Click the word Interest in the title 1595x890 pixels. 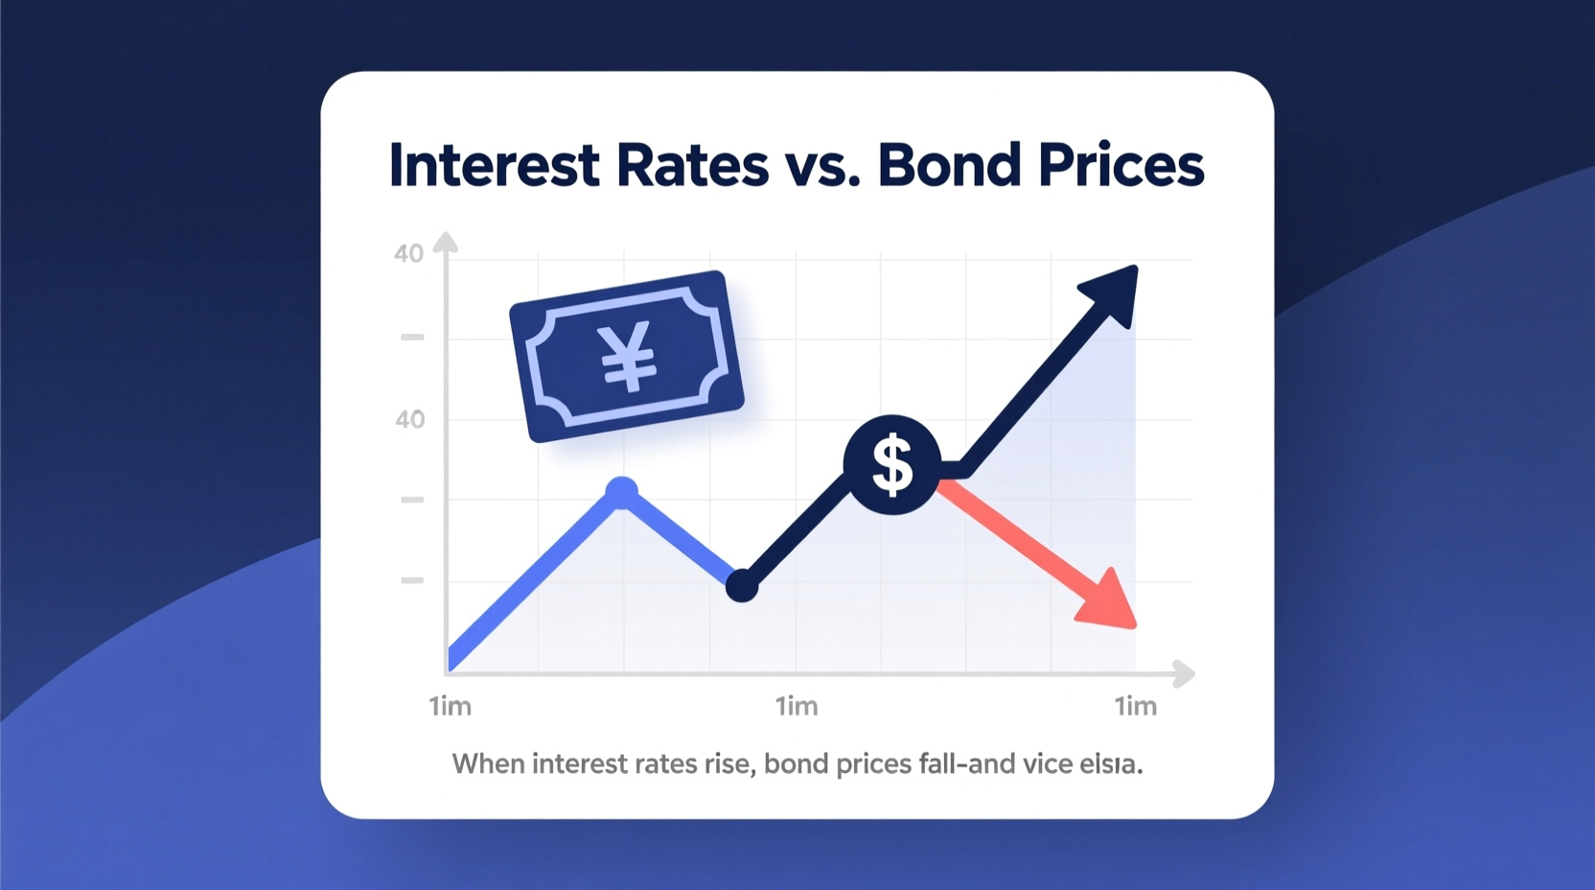[x=494, y=165]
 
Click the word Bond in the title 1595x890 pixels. [x=949, y=165]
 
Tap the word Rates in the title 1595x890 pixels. [x=692, y=165]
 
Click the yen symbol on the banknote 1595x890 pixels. [x=628, y=356]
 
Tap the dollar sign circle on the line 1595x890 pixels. [x=891, y=465]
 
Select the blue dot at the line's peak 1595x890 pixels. [x=622, y=493]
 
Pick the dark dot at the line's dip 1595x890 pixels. [x=741, y=585]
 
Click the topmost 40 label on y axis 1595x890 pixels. [x=408, y=254]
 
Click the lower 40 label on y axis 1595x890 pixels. [x=409, y=419]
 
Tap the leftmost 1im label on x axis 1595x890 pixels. [x=450, y=707]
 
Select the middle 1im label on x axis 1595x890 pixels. [x=796, y=707]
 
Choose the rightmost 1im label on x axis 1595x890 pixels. [x=1135, y=707]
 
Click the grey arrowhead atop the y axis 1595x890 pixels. [x=445, y=242]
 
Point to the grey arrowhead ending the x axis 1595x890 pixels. [x=1185, y=673]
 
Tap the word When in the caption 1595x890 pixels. [x=488, y=764]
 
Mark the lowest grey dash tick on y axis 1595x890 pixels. [x=412, y=580]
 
